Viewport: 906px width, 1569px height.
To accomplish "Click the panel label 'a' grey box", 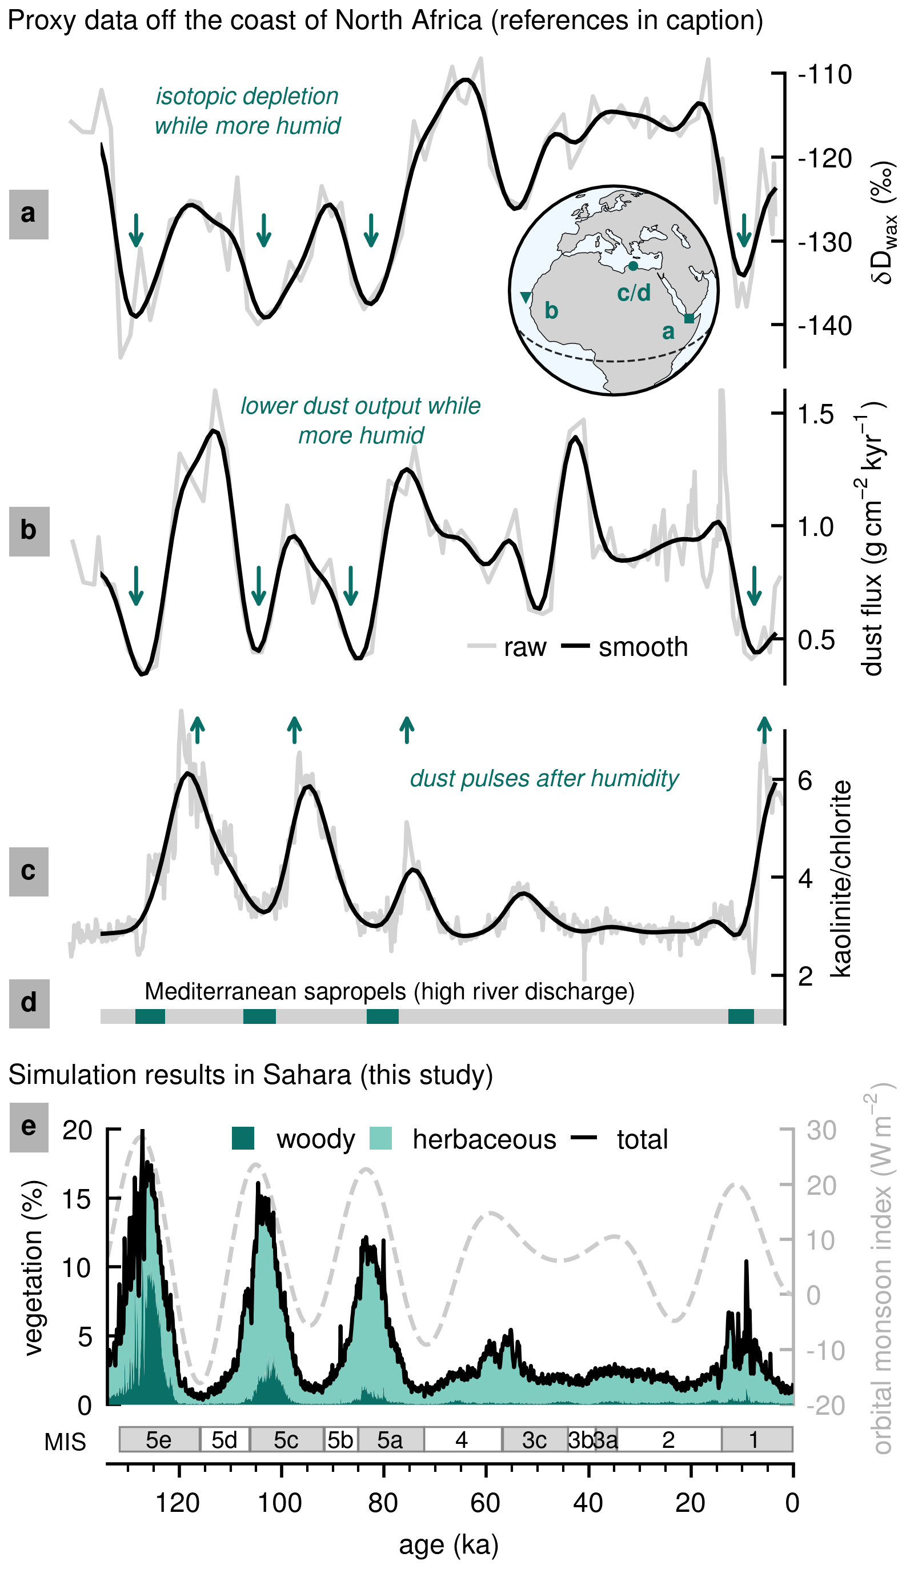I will pos(29,214).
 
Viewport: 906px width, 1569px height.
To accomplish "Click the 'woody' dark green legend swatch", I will pos(243,1138).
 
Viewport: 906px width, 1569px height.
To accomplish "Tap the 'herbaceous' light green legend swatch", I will pos(381,1138).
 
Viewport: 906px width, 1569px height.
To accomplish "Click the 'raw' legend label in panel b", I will pos(525,647).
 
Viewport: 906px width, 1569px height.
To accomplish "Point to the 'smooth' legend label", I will pos(643,647).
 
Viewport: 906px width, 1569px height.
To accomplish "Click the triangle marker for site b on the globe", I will pos(526,297).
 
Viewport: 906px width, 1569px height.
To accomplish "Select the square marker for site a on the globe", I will pos(689,319).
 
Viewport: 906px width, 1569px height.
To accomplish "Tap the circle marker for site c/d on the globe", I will pos(633,266).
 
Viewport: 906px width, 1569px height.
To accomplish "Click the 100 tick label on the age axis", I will pos(280,1503).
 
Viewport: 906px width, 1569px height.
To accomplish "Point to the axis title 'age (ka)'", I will pos(448,1545).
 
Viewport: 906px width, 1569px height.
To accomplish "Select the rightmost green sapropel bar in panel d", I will pos(741,1016).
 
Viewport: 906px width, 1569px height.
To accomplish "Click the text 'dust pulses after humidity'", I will pos(544,779).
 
